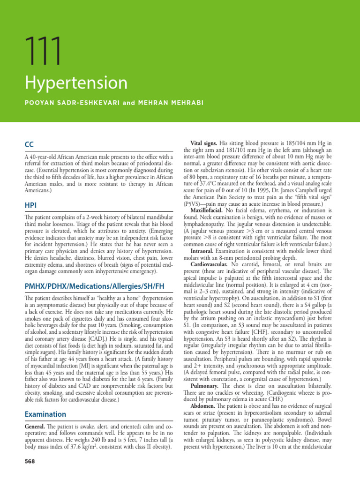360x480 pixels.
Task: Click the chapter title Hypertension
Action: click(x=75, y=83)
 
